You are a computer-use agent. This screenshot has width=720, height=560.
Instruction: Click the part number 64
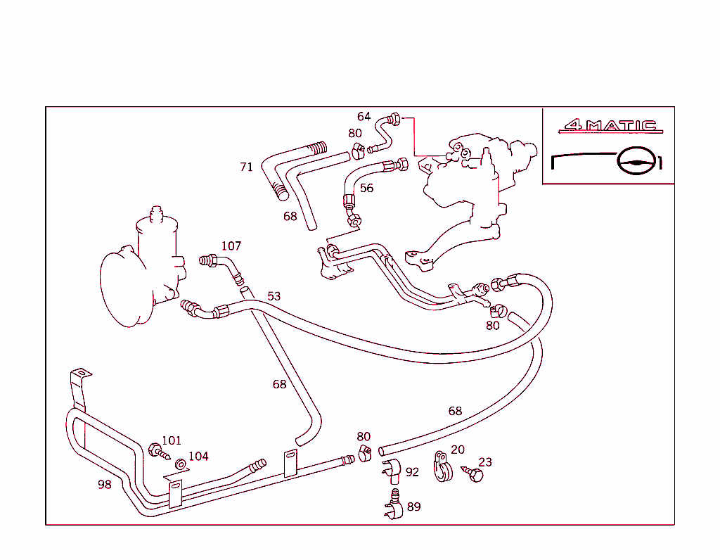(x=364, y=117)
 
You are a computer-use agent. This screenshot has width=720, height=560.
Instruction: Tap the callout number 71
(x=246, y=167)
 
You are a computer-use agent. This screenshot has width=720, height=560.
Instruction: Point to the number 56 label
(x=366, y=189)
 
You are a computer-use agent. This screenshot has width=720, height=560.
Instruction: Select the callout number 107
(x=231, y=246)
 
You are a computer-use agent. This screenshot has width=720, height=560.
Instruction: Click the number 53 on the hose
(x=274, y=296)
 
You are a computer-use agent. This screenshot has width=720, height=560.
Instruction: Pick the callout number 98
(x=104, y=485)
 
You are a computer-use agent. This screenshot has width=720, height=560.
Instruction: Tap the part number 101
(x=172, y=441)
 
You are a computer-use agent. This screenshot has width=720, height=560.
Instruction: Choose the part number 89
(x=413, y=507)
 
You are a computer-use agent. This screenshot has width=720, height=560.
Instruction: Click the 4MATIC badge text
(x=610, y=127)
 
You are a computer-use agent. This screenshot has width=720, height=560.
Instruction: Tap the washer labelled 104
(x=181, y=464)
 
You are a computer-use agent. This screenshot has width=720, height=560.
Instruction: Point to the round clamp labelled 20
(x=442, y=467)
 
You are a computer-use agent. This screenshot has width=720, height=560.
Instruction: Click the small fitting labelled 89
(x=394, y=505)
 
